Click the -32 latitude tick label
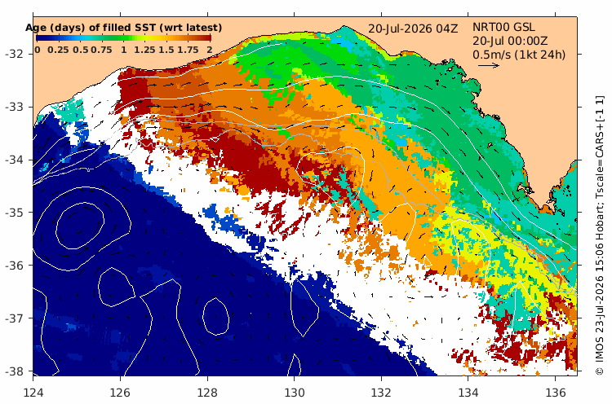coord(16,54)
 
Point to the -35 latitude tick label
coord(16,213)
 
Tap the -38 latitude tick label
coord(16,371)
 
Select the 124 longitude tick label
coord(33,393)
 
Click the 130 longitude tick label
coord(295,393)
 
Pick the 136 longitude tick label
coord(556,393)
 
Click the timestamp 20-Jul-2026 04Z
coord(413,29)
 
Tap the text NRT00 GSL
coord(503,27)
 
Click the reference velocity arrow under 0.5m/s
coord(489,65)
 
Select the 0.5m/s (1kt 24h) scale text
coord(519,55)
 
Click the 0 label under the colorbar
coord(37,50)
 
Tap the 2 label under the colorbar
coord(210,50)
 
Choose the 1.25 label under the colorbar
coord(144,50)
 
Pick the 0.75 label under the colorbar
coord(101,50)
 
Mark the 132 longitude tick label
coord(381,393)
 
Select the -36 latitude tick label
coord(16,266)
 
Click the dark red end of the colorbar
coord(206,37)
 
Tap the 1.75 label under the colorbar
coord(188,50)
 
